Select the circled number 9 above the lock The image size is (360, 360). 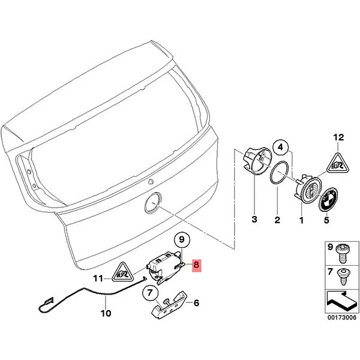pos(182,241)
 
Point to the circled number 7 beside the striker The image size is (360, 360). pos(150,294)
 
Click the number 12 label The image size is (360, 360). pos(338,138)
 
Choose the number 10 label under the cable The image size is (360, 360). pos(106,313)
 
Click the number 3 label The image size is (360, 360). pos(254,220)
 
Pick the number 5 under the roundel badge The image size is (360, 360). pos(327,220)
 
